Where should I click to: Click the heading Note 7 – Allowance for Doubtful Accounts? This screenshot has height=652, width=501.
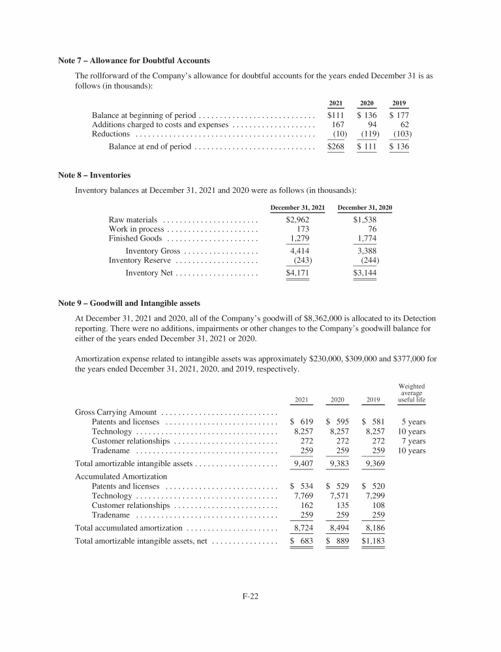[x=134, y=61]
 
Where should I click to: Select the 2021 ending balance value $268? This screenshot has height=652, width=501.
[x=335, y=147]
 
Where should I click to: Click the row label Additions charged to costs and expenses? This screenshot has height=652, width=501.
[x=160, y=125]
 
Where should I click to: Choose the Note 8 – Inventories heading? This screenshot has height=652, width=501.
[x=94, y=175]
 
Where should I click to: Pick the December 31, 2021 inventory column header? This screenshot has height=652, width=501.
[x=297, y=207]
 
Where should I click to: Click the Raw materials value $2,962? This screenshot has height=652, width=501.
[x=297, y=220]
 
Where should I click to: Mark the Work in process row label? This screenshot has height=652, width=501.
[x=136, y=230]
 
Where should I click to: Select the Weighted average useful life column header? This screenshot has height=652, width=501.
[x=412, y=393]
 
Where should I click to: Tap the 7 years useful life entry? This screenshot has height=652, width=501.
[x=414, y=441]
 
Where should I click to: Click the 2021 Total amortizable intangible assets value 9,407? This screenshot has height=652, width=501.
[x=302, y=464]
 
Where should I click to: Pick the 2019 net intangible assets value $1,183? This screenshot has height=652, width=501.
[x=373, y=541]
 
